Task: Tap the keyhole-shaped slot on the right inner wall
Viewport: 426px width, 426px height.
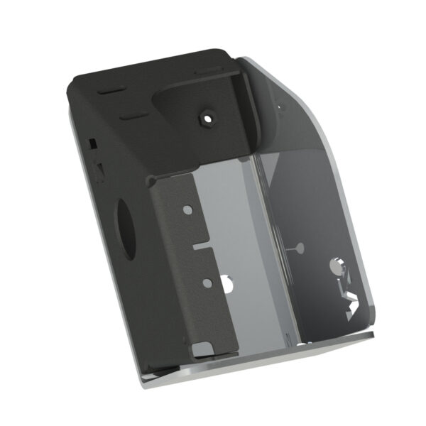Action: [296, 248]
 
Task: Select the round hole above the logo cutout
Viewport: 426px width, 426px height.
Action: [336, 266]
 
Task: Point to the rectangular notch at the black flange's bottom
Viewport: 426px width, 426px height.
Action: [204, 349]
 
